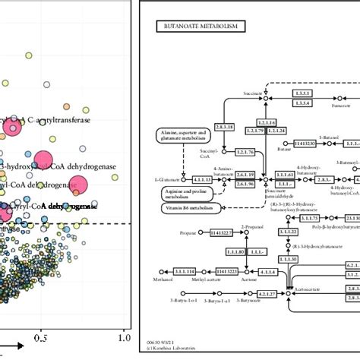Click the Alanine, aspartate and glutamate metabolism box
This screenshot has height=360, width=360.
pos(180,137)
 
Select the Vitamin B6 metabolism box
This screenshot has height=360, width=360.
pos(185,207)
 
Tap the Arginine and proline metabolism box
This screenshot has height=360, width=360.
pos(179,190)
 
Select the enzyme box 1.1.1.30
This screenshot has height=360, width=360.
pos(288,232)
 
